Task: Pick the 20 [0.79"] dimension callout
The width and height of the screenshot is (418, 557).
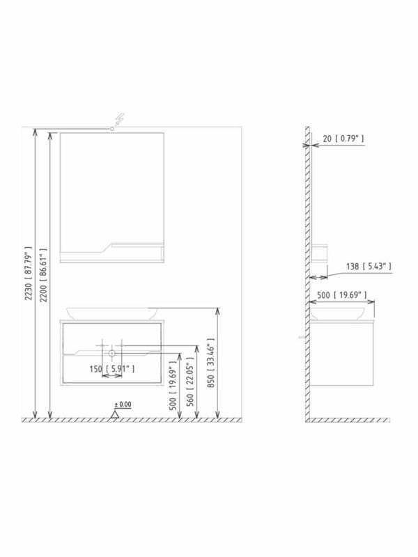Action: [343, 139]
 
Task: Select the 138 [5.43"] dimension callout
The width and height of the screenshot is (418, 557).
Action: [369, 266]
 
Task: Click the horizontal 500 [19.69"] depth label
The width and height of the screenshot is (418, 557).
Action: [343, 295]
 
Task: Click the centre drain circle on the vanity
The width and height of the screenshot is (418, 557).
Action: [111, 354]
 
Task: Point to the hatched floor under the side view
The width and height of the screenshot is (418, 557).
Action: [348, 421]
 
